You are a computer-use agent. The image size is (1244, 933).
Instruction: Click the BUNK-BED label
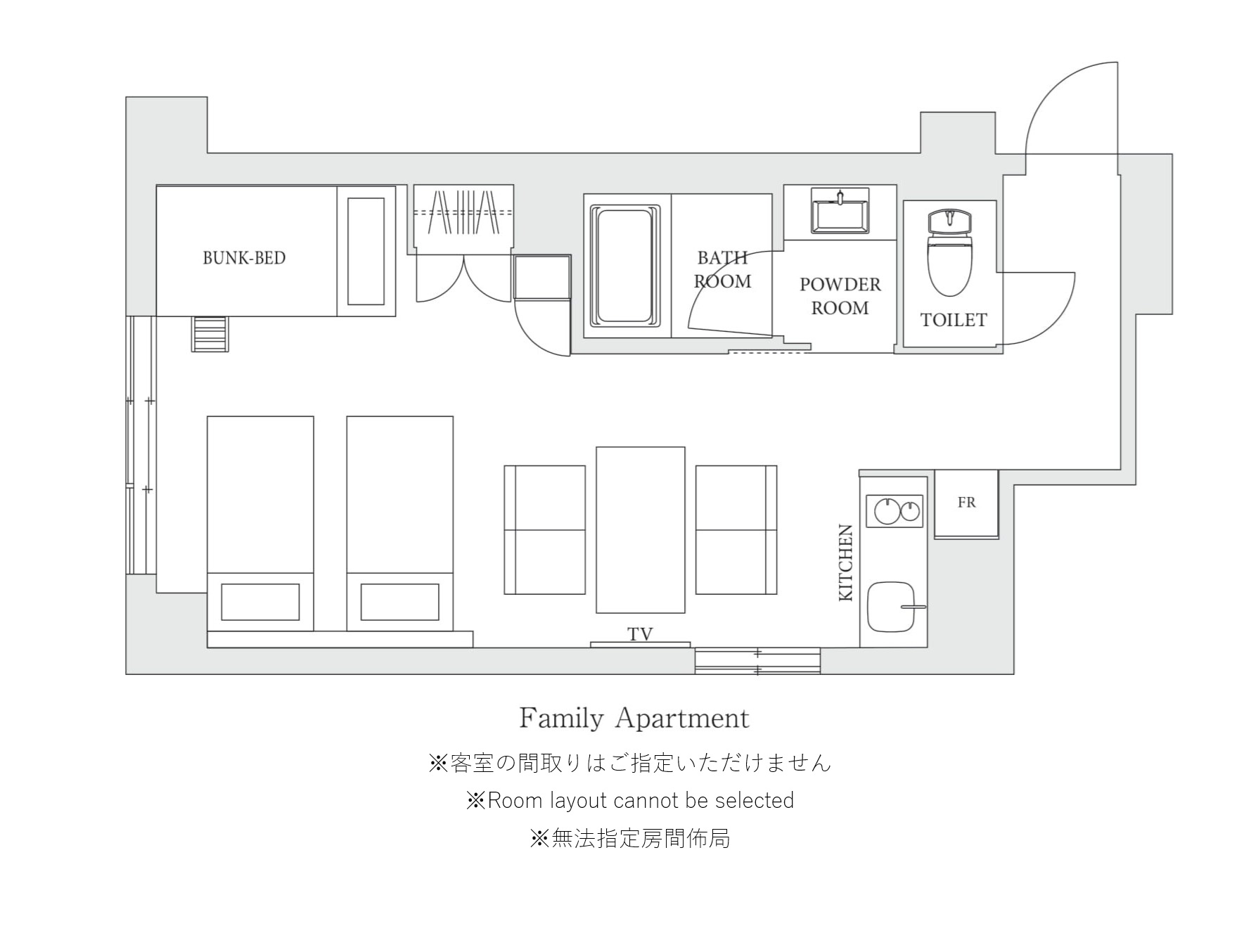244,258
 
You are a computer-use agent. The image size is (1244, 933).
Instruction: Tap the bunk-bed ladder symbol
210,333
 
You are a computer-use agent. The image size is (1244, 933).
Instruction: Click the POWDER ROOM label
840,296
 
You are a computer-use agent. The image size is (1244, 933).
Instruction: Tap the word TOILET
954,320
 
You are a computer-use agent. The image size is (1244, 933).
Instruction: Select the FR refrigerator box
966,504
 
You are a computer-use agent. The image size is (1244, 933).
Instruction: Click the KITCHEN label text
846,562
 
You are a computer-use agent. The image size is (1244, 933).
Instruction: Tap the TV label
640,634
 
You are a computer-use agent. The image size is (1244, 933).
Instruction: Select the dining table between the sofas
640,530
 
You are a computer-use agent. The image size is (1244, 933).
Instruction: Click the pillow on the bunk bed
366,251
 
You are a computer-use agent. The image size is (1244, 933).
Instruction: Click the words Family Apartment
634,719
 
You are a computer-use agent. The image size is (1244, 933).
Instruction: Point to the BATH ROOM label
722,270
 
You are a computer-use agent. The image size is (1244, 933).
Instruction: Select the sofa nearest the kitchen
736,530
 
